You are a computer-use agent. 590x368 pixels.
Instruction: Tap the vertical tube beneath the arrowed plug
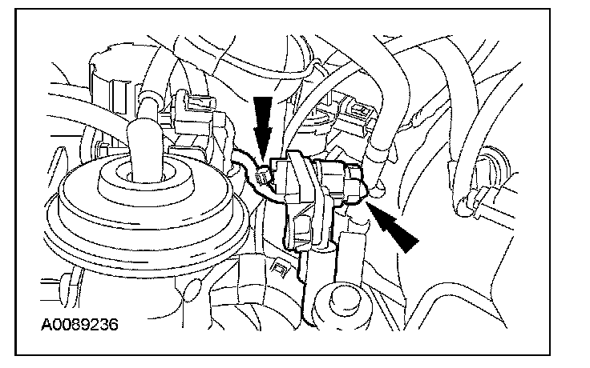(x=353, y=248)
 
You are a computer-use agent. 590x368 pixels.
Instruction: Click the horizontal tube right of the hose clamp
(x=521, y=210)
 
